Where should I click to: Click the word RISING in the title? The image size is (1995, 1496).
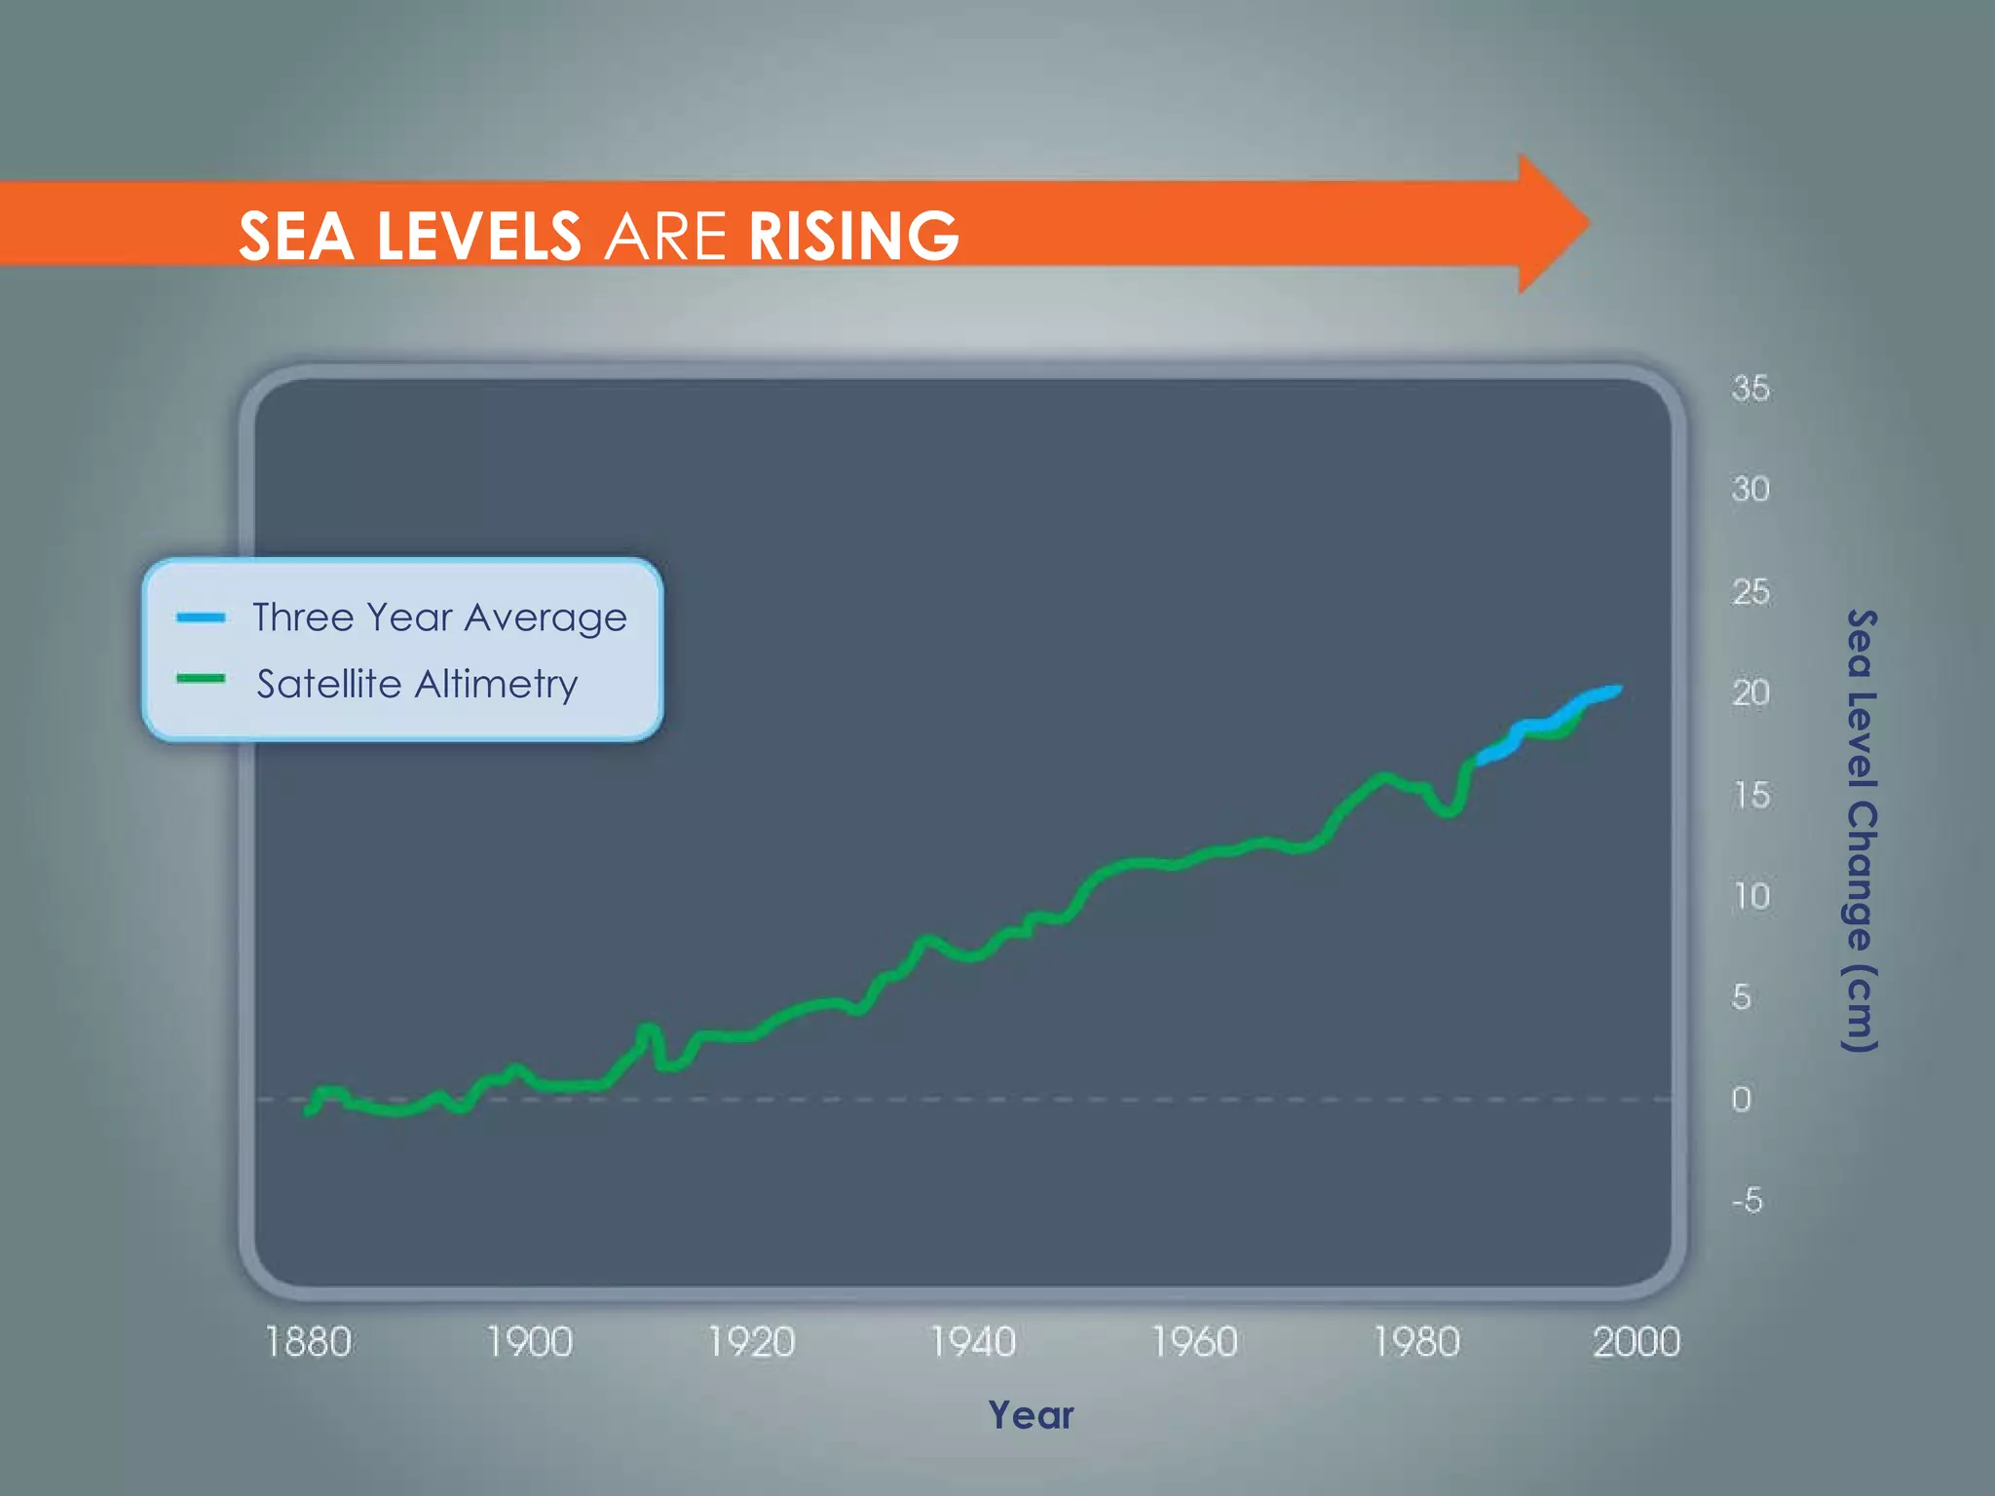click(853, 237)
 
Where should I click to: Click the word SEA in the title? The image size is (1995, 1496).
click(296, 237)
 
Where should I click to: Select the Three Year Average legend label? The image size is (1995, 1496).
click(439, 617)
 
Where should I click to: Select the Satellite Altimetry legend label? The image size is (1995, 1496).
click(417, 684)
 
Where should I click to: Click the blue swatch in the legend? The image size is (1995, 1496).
click(201, 617)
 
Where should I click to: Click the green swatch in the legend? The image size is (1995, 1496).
click(201, 679)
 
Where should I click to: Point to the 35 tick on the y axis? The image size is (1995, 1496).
click(1750, 389)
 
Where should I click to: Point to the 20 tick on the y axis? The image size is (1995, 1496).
click(1750, 693)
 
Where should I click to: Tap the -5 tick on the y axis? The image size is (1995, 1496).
click(1748, 1201)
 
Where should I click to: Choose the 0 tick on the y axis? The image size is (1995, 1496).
click(1741, 1100)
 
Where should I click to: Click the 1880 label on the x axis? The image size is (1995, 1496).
click(308, 1342)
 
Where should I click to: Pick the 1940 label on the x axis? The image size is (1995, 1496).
click(973, 1342)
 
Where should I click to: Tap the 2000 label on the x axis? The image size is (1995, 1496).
click(1637, 1342)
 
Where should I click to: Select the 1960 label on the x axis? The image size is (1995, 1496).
click(1194, 1342)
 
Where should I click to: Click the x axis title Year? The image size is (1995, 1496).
click(1031, 1415)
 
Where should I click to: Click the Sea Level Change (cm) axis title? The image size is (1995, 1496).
click(1862, 830)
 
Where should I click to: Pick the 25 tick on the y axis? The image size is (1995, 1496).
click(1750, 592)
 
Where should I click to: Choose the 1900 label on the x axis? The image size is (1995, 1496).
click(530, 1342)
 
